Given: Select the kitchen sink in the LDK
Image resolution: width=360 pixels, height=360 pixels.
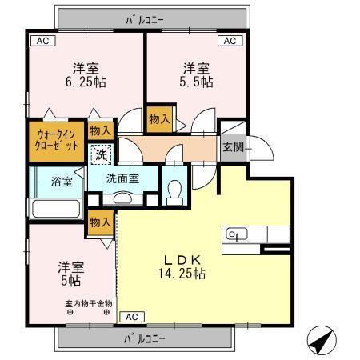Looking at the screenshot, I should tap(234, 234).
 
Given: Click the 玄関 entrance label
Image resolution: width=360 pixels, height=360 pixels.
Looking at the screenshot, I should tap(233, 146).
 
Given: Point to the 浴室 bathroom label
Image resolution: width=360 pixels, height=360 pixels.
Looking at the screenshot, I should tap(62, 181).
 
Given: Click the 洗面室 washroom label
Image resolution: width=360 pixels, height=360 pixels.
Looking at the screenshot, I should tap(124, 178).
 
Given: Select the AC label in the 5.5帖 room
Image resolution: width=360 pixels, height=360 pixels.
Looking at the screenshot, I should tap(229, 41).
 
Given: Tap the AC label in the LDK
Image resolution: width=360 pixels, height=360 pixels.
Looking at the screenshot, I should tap(130, 316).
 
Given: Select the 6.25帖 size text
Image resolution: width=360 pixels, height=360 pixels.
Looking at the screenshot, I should tap(86, 82).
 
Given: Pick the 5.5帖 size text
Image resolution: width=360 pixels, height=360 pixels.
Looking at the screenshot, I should tap(195, 82).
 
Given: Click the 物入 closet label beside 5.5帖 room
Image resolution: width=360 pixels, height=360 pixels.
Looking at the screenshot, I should tap(158, 119).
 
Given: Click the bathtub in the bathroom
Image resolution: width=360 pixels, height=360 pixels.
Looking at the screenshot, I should tap(54, 209).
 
